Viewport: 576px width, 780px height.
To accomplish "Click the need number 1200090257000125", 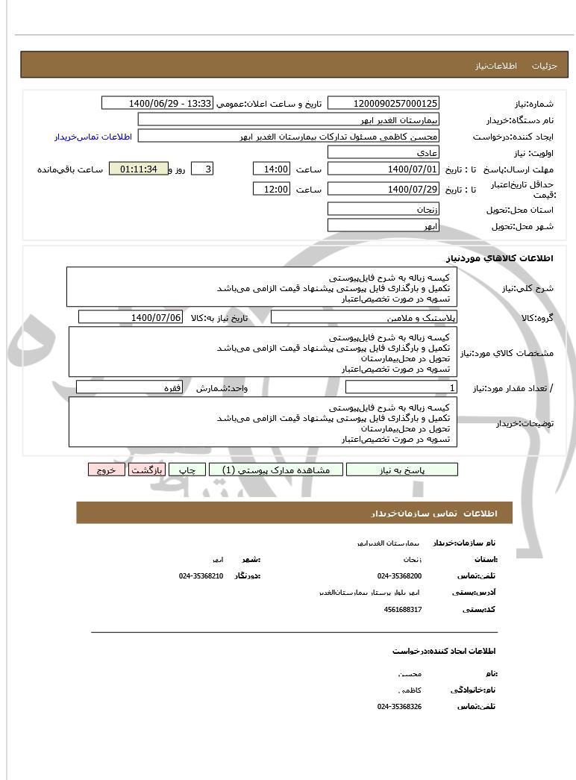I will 384,103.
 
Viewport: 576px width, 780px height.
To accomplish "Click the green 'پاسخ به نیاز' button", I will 402,469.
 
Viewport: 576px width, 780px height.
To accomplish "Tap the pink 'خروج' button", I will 107,469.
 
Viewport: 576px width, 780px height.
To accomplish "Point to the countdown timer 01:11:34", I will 138,169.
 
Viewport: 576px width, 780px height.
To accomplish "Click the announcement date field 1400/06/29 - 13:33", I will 157,103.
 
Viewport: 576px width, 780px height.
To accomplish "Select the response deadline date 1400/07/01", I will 384,169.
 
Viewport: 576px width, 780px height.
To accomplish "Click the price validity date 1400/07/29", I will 384,189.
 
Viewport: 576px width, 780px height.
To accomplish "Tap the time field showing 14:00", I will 271,169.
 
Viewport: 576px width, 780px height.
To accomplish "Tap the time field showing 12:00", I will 271,189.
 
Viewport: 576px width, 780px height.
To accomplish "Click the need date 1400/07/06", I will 131,317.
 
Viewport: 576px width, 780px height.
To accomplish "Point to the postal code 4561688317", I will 403,609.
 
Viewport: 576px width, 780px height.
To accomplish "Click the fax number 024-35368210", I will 201,575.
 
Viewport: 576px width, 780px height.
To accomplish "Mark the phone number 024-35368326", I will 399,706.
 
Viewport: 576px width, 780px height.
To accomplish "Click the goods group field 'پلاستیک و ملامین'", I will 364,317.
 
